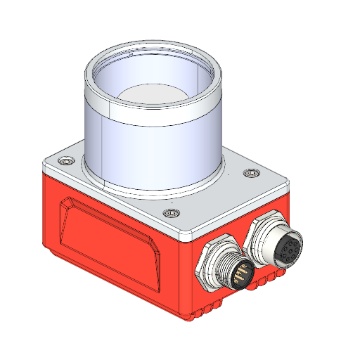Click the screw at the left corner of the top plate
[65, 162]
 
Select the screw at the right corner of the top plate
[251, 173]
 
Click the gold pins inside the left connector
[239, 272]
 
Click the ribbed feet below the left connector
[211, 310]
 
